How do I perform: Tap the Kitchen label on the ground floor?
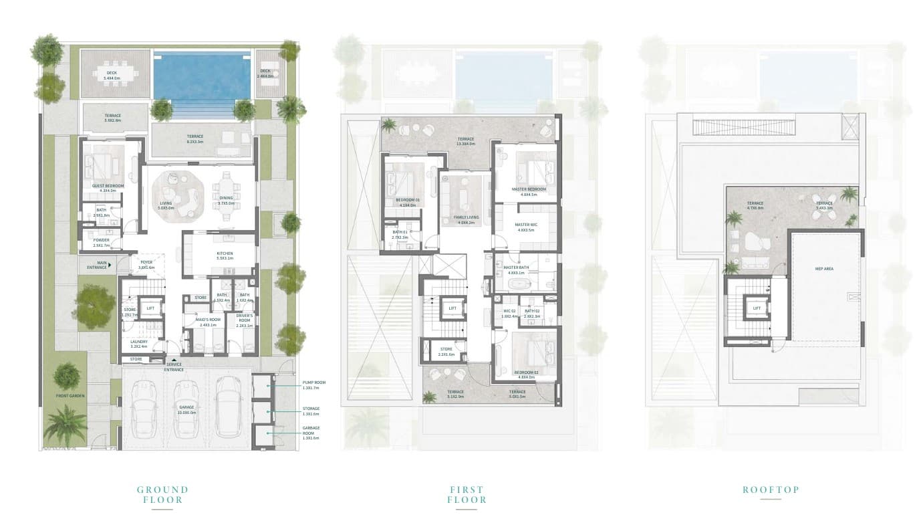225,254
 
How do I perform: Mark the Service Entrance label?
174,366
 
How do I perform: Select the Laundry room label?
138,344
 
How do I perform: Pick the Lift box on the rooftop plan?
757,308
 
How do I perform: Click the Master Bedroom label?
529,189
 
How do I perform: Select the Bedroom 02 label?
526,373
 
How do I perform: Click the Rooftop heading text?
771,490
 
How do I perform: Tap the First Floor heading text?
467,494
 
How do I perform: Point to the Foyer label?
146,264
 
